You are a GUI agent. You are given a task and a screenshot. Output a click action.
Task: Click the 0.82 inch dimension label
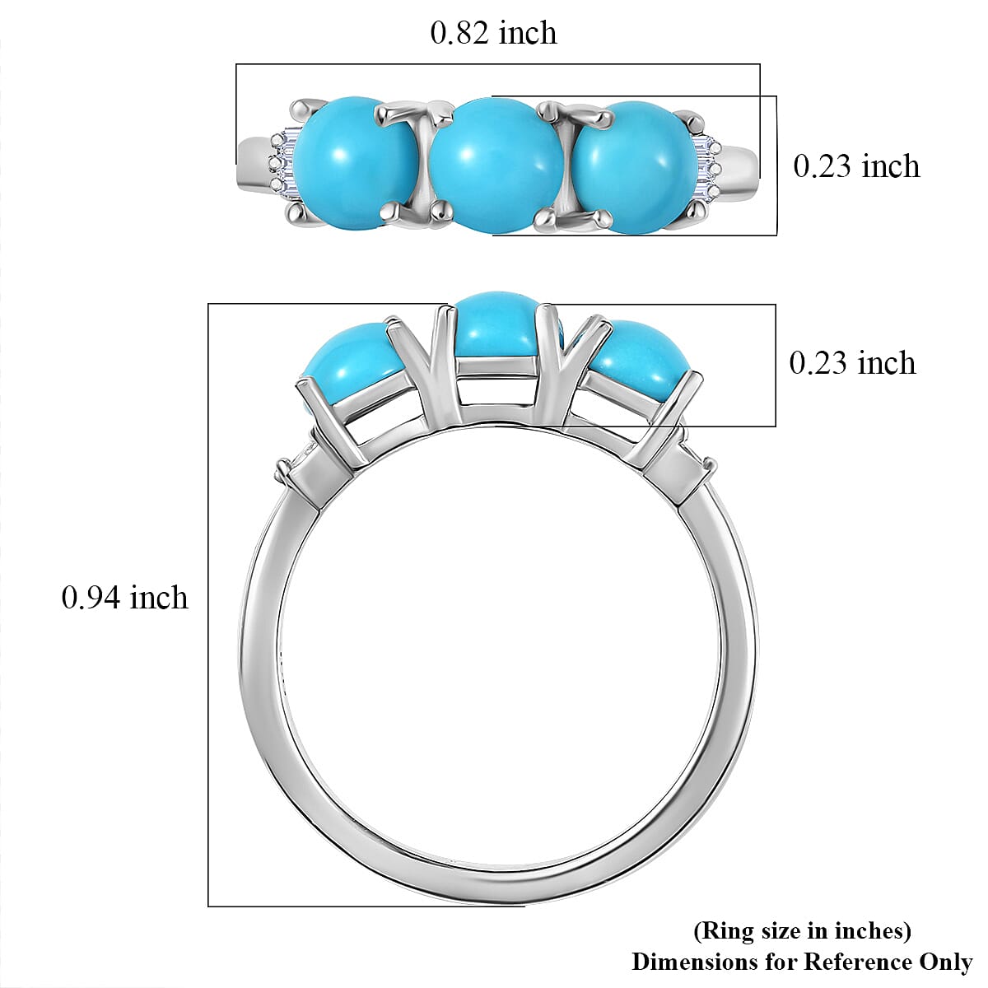pos(493,33)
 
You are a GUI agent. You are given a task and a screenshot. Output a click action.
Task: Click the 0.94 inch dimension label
pos(124,598)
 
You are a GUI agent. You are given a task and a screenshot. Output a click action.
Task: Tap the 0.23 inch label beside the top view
pos(856,166)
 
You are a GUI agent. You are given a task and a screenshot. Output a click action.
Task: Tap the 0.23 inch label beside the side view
pos(852,363)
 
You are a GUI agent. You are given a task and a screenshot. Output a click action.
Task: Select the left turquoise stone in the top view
pos(355,162)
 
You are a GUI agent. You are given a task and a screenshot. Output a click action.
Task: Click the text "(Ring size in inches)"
pos(802,931)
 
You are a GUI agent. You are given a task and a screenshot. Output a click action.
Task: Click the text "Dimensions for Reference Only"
pos(802,962)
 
